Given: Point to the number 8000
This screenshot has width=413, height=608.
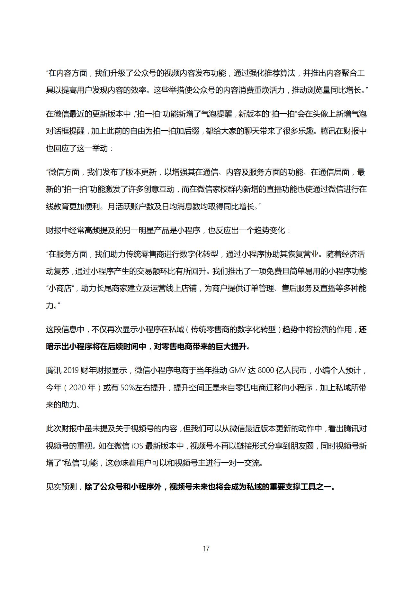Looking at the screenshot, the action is coord(266,370).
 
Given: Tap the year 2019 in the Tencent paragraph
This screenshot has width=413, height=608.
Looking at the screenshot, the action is coord(71,370).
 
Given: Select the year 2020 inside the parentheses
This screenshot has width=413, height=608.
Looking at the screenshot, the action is coord(77,388).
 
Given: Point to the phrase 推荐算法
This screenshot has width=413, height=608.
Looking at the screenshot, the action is coord(280,73).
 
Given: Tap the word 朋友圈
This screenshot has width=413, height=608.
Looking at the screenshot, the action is coord(302,446).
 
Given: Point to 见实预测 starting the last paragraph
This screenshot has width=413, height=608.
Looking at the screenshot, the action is coord(61,487).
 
